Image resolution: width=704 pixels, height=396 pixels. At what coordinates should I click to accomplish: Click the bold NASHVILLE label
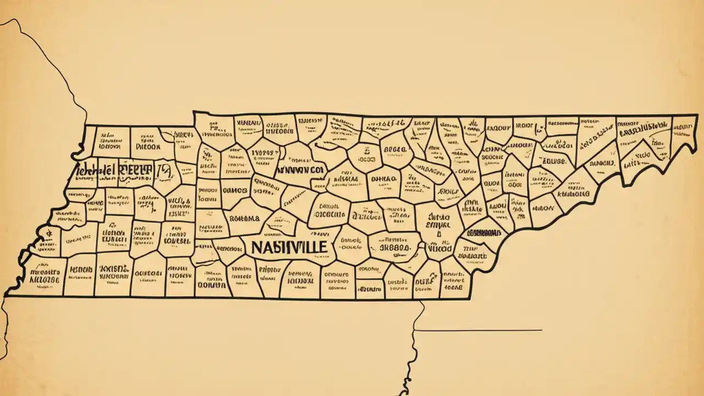coord(288,247)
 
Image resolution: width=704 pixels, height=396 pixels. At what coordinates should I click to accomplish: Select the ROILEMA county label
coord(244,218)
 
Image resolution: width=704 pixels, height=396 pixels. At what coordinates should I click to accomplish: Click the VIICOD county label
coord(439,249)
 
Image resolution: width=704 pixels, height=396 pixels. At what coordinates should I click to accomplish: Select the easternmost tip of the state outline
coord(697,116)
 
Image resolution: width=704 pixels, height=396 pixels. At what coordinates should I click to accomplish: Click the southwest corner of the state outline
coord(5,296)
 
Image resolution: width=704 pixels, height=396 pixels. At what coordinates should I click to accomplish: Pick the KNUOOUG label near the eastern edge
coord(572,194)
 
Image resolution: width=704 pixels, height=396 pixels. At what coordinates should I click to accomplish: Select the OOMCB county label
coord(237,190)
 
